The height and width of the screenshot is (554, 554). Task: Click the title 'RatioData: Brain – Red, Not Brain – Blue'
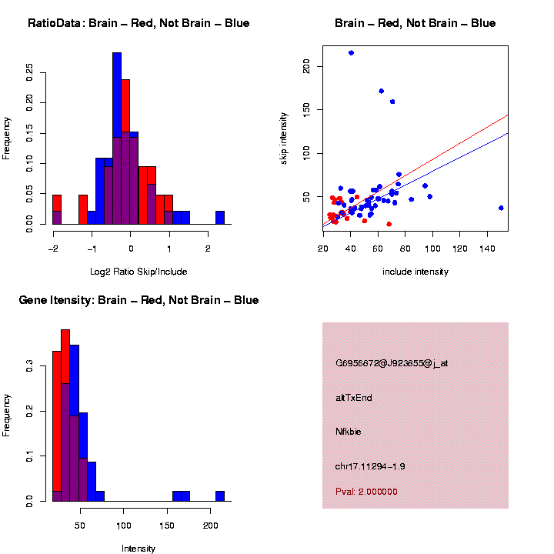(x=138, y=23)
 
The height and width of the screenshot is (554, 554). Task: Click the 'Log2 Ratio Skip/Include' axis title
(x=138, y=271)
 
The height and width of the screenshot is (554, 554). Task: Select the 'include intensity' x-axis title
(x=415, y=272)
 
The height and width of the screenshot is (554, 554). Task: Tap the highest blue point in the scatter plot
(x=351, y=52)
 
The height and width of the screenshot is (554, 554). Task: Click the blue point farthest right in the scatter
(x=501, y=208)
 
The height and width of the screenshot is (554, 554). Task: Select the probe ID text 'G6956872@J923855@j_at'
(x=392, y=363)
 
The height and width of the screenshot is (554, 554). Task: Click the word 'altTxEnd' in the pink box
(x=354, y=398)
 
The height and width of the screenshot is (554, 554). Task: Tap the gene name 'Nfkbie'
(x=349, y=432)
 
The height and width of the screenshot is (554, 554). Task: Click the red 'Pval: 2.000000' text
(x=366, y=491)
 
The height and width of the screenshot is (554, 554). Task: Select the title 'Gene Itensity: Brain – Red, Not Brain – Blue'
(x=138, y=300)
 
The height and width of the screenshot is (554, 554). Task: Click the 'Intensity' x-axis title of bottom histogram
(x=138, y=549)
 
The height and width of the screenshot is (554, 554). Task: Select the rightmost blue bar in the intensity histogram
(x=220, y=496)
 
